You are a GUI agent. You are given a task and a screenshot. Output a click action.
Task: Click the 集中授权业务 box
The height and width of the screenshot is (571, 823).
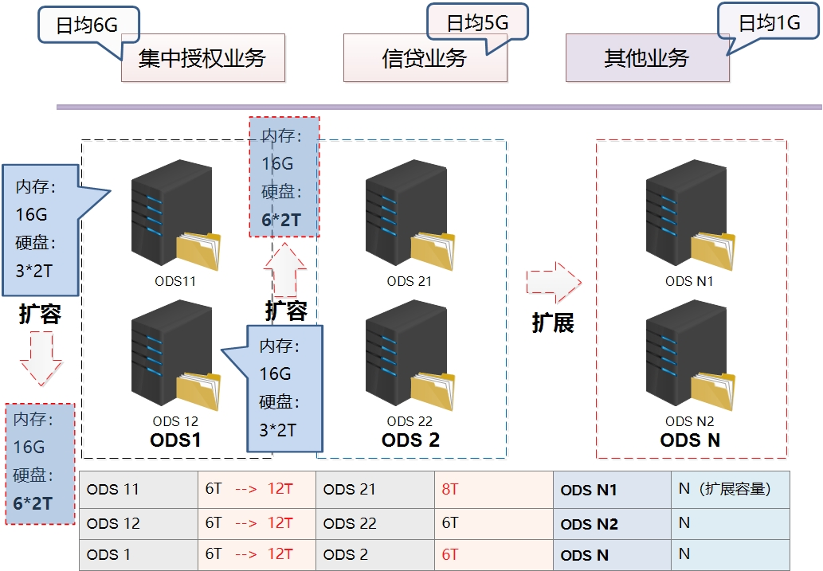202,58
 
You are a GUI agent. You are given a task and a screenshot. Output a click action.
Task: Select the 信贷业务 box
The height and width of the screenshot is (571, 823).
425,58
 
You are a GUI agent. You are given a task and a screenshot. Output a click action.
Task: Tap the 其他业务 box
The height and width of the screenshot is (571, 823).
647,58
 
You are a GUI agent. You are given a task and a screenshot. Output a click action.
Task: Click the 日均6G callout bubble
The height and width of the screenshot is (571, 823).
88,25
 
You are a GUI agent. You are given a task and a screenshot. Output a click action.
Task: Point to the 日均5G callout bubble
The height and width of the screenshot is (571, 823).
477,22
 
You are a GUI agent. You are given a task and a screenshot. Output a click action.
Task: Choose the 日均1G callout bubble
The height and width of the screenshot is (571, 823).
769,22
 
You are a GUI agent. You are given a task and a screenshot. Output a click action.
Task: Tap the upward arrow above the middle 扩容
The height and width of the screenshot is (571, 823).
284,269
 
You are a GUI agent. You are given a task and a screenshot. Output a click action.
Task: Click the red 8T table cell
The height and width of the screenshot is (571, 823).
494,489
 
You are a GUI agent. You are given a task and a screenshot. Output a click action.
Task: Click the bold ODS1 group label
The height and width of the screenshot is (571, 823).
175,440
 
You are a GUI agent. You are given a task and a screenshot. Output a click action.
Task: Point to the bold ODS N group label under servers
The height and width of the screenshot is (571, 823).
690,440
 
